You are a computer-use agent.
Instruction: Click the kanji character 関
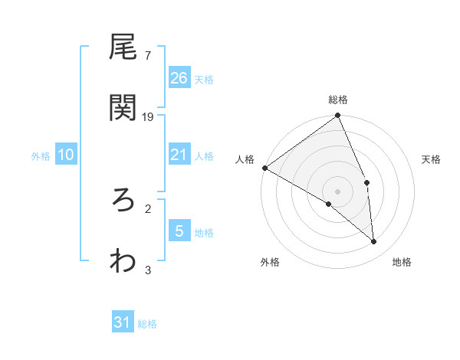click(x=123, y=108)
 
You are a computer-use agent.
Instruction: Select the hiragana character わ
click(x=123, y=260)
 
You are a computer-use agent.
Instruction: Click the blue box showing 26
click(x=179, y=77)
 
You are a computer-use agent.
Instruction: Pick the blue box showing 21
click(x=179, y=155)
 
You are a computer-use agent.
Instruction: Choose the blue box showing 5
click(x=179, y=231)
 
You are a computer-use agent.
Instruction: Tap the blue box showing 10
click(x=66, y=155)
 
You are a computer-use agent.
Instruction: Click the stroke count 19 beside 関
click(x=148, y=117)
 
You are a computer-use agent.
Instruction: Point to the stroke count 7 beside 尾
click(x=148, y=56)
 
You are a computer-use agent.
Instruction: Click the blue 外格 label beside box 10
click(x=41, y=155)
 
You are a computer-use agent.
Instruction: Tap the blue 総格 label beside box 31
click(x=147, y=324)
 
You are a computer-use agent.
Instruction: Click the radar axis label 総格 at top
click(x=338, y=100)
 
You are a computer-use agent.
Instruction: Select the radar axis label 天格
click(x=432, y=159)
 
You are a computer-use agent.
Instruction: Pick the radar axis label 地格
click(x=402, y=262)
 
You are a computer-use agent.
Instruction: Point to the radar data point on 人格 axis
click(x=264, y=168)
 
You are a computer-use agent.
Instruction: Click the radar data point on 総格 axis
click(x=338, y=116)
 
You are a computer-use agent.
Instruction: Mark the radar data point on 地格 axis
click(x=374, y=241)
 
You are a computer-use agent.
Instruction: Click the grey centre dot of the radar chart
click(x=338, y=191)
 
